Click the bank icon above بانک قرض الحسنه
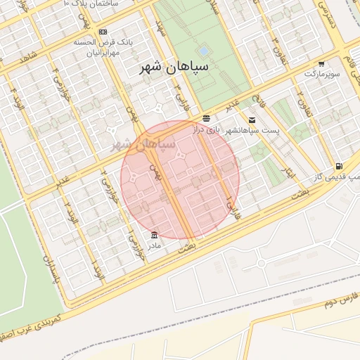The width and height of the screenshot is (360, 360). coord(103,32)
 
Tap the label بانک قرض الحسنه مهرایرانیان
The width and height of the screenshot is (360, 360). coord(103,48)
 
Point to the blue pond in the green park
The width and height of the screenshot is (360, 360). coord(203,51)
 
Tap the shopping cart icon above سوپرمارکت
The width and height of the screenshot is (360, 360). coord(321,63)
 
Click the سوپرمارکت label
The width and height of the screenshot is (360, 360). coord(321,73)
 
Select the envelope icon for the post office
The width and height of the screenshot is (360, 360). coord(252,120)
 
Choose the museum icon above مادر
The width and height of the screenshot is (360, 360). coord(154,234)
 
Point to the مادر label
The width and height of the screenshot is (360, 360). coord(153,245)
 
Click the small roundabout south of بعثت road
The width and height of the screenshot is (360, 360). coord(262,264)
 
